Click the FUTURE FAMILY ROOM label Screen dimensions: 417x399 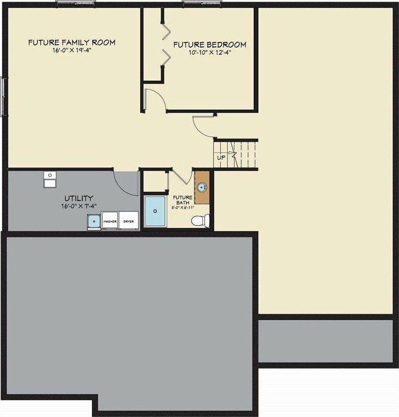tap(71, 42)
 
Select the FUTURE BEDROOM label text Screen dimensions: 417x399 tap(209, 45)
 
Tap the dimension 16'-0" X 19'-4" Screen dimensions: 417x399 tap(71, 50)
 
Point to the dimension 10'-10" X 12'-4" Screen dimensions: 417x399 tap(209, 53)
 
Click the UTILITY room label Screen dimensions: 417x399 tap(79, 198)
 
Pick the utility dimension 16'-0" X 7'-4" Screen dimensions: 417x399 tap(79, 206)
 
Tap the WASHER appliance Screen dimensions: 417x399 tap(110, 221)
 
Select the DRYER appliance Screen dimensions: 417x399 tap(129, 221)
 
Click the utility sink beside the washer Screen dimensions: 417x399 tap(93, 221)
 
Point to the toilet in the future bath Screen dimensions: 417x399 tap(199, 221)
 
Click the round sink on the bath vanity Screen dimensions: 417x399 tap(202, 187)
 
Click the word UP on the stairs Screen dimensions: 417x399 tap(221, 157)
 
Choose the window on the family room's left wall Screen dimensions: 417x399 tap(5, 97)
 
